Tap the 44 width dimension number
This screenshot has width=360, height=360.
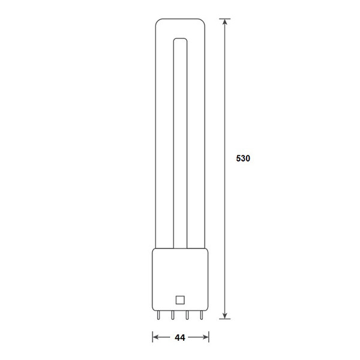179,338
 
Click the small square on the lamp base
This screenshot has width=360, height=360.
178,299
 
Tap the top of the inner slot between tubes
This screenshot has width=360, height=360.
179,41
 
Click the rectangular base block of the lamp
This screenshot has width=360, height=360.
178,276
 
